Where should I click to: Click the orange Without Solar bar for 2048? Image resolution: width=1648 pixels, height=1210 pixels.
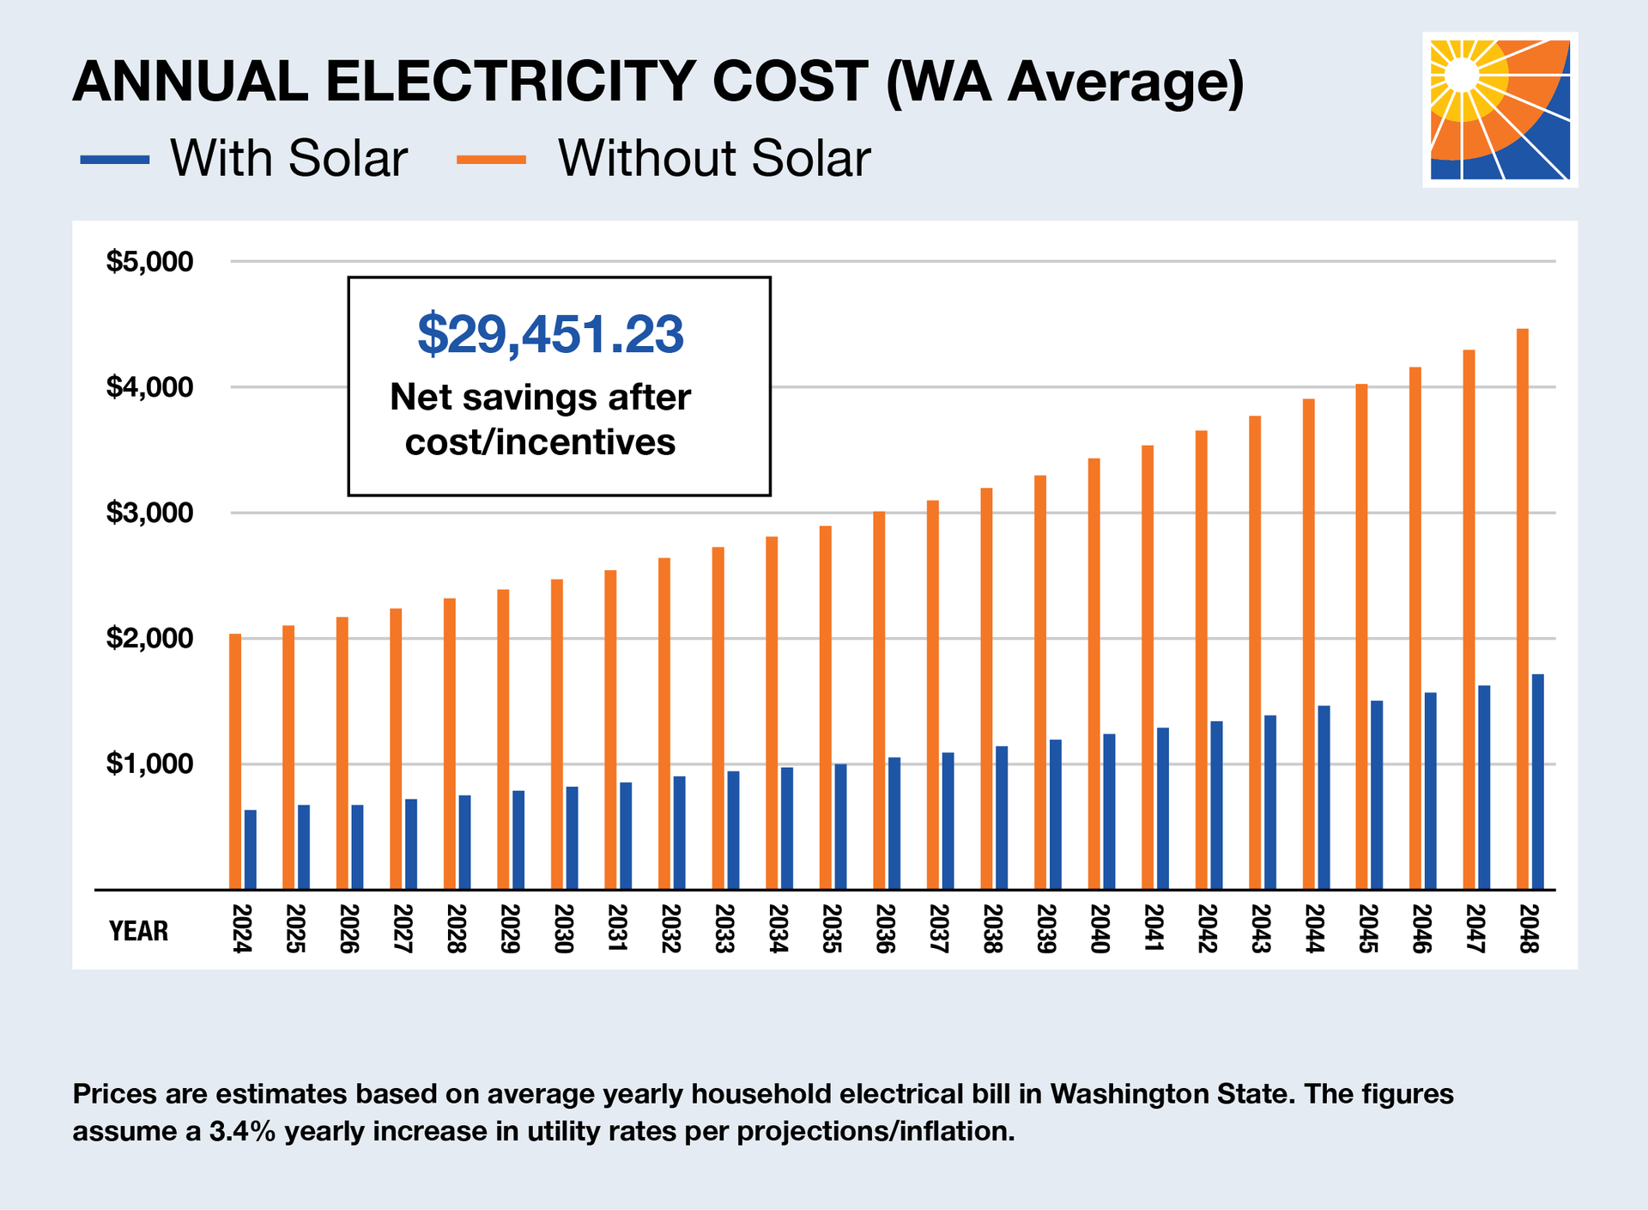tap(1523, 609)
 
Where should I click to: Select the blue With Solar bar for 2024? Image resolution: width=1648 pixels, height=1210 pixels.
tap(250, 849)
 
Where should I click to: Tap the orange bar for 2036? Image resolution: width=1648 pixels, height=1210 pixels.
tap(879, 700)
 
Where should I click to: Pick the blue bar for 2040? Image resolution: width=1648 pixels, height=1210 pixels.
tap(1109, 812)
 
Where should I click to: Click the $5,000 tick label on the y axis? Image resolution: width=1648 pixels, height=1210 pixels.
tap(149, 261)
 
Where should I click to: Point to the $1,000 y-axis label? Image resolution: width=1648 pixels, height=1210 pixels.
tap(149, 763)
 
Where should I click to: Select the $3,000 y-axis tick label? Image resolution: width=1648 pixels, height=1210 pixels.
tap(149, 513)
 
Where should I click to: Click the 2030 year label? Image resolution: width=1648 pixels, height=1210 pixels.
tap(562, 928)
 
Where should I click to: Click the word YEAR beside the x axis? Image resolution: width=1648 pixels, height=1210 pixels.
tap(138, 931)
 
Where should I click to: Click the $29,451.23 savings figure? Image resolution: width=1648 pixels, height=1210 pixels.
tap(550, 334)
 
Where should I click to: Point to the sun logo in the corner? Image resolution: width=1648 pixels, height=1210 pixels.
tap(1500, 110)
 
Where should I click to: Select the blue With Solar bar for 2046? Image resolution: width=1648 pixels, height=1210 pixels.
tap(1431, 790)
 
